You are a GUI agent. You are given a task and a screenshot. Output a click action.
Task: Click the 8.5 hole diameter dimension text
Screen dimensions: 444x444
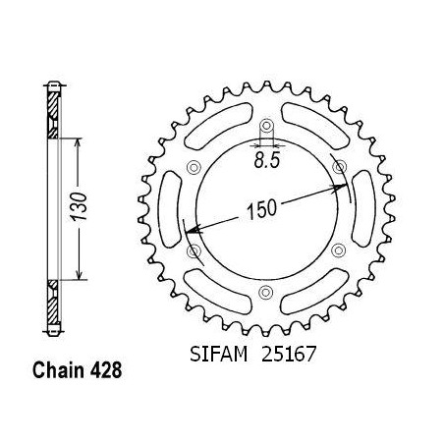(x=267, y=161)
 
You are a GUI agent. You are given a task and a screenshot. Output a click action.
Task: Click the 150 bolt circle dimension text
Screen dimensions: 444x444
(x=261, y=209)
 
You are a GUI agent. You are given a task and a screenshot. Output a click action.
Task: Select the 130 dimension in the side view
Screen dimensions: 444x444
(x=80, y=206)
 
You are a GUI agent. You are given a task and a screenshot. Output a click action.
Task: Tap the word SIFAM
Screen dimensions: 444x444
(x=218, y=354)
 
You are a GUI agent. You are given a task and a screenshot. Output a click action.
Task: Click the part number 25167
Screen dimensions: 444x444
(x=289, y=354)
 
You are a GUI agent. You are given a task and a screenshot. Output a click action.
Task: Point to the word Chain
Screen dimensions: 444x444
(x=58, y=370)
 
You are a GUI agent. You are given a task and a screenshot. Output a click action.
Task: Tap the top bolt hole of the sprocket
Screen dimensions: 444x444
(x=266, y=126)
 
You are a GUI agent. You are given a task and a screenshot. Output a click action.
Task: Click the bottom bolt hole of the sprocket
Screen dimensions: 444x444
(x=266, y=292)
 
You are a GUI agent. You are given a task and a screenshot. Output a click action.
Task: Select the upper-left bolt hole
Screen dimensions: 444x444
(x=194, y=167)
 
